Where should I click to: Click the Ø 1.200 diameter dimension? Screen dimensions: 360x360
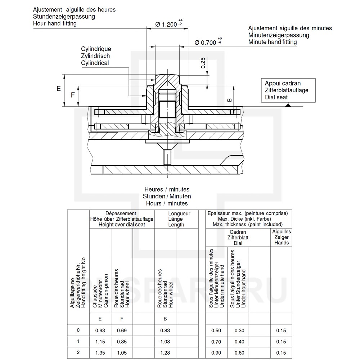[166, 24]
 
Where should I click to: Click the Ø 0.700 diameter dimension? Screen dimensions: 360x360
[206, 42]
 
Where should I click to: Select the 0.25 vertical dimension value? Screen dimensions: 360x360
[203, 63]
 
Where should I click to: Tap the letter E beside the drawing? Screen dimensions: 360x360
[58, 89]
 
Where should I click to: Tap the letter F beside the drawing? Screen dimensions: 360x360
[73, 95]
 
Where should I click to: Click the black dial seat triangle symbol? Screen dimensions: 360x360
[288, 105]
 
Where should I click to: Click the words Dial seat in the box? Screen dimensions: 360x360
[276, 97]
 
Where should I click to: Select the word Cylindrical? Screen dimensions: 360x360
[95, 63]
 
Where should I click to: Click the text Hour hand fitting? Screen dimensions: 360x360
[55, 23]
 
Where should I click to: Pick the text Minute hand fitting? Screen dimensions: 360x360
[273, 42]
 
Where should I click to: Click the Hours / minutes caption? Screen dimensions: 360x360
[167, 203]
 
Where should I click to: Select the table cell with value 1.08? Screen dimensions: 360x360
[165, 342]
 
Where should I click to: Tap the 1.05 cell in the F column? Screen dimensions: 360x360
[122, 353]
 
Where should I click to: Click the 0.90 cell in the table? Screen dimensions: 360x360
[216, 353]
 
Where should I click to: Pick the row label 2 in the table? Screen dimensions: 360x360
[78, 352]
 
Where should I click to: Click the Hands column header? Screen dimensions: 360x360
[282, 243]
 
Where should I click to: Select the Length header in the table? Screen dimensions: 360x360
[176, 225]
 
